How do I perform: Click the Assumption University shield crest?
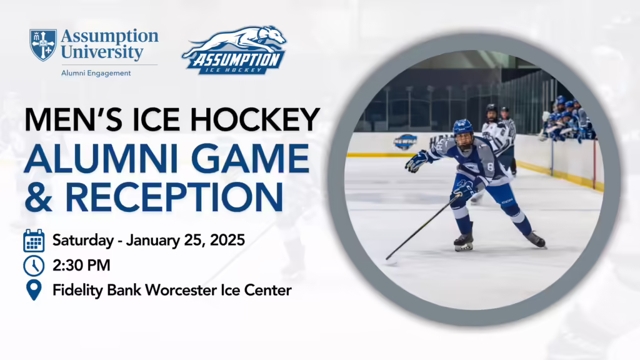43,45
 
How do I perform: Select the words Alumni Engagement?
96,73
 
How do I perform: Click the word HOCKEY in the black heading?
255,119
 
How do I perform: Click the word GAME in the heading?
250,159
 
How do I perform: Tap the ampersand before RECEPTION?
38,197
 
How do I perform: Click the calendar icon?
34,241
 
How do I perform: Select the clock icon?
34,266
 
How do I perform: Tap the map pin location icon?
34,290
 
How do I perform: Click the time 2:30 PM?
81,265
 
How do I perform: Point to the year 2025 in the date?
227,240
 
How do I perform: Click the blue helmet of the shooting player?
463,128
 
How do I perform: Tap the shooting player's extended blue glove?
416,161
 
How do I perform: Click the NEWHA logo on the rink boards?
405,142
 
